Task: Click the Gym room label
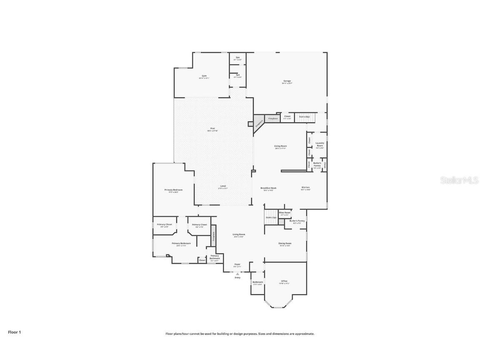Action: (x=203, y=76)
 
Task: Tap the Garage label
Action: (x=287, y=81)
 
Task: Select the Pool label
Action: (x=212, y=129)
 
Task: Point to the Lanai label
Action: (x=223, y=186)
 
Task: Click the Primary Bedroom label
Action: (x=173, y=190)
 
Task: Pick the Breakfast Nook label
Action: (x=269, y=188)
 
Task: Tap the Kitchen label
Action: (x=306, y=187)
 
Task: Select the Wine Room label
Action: (x=285, y=212)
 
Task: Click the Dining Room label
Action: (x=285, y=243)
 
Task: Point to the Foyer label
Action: (x=237, y=264)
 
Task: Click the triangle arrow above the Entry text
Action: (x=237, y=274)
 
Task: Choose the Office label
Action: (x=284, y=281)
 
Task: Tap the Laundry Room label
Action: (x=320, y=143)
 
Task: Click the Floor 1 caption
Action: (x=14, y=332)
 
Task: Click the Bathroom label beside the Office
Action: (x=257, y=282)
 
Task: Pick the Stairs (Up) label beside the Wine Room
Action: (x=271, y=217)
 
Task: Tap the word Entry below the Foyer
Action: (x=237, y=277)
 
